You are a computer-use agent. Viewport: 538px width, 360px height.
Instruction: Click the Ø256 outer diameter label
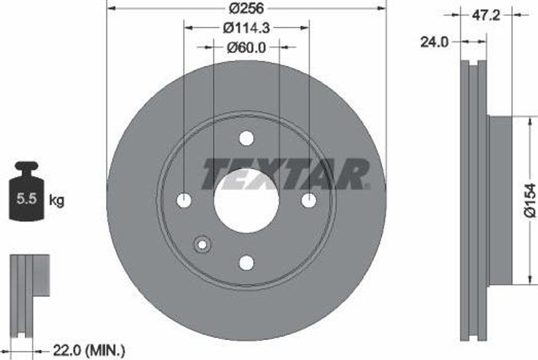[246, 8]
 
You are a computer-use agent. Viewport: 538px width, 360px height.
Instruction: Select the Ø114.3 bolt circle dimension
[246, 27]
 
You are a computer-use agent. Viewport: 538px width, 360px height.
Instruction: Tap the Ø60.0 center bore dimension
[246, 47]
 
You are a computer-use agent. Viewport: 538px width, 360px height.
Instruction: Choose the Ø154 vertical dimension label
[530, 200]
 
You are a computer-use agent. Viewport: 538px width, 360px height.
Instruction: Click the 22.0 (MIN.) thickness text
[89, 349]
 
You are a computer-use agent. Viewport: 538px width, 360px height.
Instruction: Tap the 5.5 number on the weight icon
[26, 199]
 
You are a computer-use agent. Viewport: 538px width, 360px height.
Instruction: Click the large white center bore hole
[246, 201]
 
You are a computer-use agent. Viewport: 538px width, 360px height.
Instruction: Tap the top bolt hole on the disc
[246, 138]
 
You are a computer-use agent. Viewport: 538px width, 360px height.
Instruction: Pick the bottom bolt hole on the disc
[246, 262]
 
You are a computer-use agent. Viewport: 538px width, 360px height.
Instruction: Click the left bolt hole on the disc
[184, 200]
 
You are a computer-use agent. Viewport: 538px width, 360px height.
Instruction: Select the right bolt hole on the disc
[308, 200]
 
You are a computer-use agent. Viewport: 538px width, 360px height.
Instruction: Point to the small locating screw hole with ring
[202, 244]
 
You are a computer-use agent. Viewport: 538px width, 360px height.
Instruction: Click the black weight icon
[27, 192]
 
